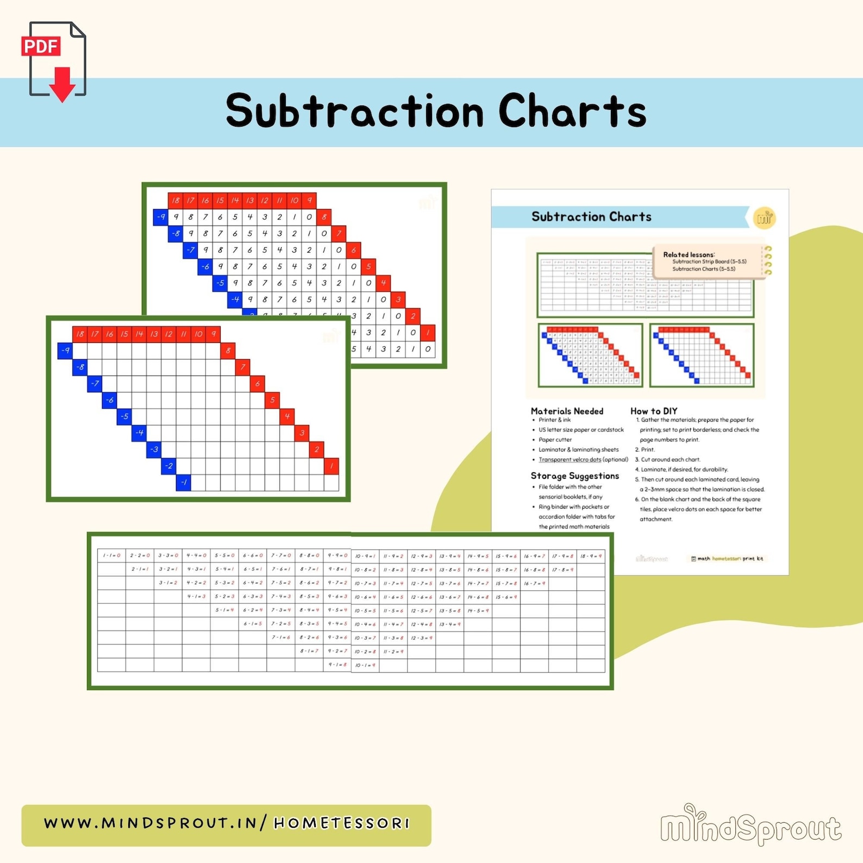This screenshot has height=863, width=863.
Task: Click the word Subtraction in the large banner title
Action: click(x=354, y=111)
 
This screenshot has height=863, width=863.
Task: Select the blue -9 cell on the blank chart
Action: click(x=65, y=351)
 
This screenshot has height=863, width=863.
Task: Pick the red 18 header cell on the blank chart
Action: click(x=80, y=334)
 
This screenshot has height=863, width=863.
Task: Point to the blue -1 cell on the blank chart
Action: click(x=184, y=483)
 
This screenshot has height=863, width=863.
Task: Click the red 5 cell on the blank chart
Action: click(x=272, y=401)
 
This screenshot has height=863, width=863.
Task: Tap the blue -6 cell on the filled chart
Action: click(x=205, y=267)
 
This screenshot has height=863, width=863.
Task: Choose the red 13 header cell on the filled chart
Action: click(x=249, y=201)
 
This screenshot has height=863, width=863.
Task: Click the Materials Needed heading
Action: click(x=567, y=411)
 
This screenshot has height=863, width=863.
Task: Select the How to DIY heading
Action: click(x=653, y=411)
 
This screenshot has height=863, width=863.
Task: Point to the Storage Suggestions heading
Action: click(x=574, y=476)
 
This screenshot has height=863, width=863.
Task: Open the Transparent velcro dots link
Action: click(x=570, y=460)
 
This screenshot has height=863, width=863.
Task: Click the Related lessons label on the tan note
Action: click(x=688, y=254)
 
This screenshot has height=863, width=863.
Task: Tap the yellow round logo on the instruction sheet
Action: click(x=764, y=218)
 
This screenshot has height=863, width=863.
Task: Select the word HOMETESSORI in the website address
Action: click(x=341, y=824)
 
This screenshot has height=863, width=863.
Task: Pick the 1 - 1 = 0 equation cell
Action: click(x=111, y=555)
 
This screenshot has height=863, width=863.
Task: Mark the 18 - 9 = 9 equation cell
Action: click(x=591, y=556)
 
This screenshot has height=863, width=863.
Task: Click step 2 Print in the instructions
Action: click(x=647, y=450)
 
